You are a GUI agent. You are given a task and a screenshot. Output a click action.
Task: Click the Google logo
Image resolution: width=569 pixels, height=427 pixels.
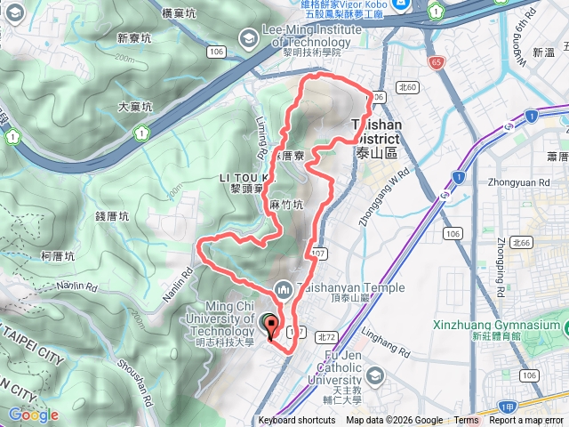(x=34, y=414)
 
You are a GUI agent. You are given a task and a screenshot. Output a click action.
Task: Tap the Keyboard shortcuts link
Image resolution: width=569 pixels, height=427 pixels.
(x=297, y=421)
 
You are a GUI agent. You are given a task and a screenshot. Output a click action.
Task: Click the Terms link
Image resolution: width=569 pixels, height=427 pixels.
(x=466, y=421)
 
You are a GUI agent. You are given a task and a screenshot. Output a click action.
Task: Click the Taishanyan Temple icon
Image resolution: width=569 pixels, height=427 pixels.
(x=283, y=288)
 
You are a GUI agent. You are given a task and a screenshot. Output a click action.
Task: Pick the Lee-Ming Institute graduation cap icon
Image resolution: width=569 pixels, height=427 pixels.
(x=246, y=37)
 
